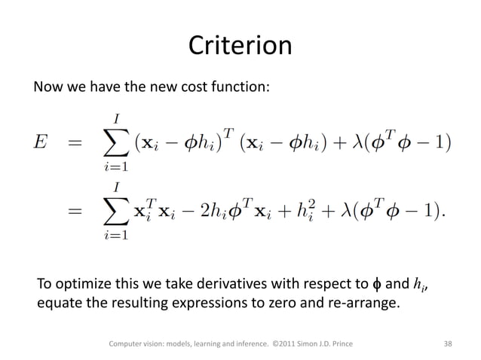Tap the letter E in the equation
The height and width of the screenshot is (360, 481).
(42, 142)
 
